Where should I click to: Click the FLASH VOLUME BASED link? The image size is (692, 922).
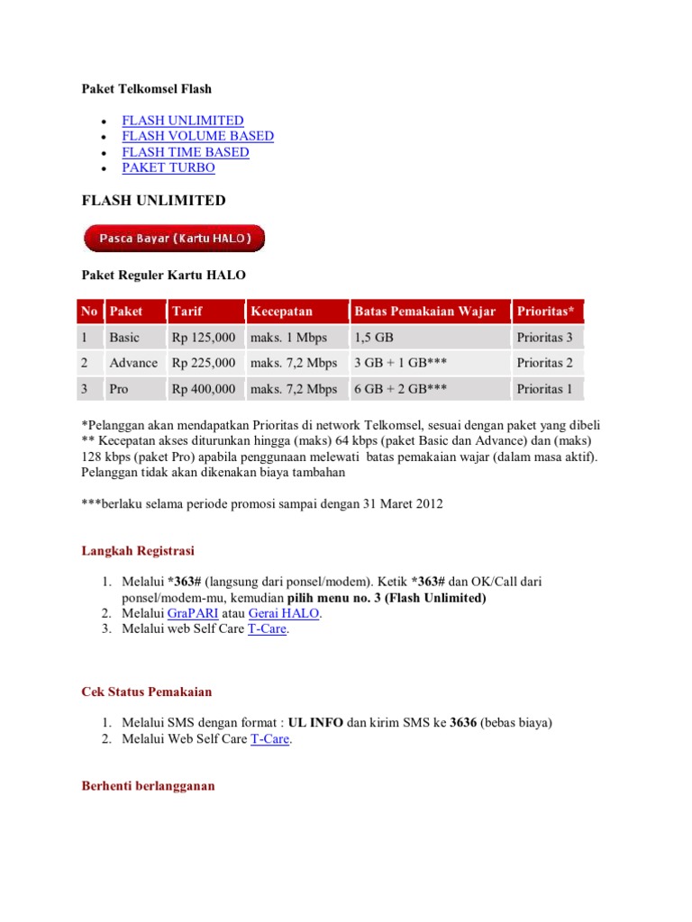point(197,136)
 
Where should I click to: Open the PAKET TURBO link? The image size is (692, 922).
point(168,167)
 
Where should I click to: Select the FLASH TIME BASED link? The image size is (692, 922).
point(186,152)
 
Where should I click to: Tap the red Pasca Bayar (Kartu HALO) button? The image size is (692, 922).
point(174,238)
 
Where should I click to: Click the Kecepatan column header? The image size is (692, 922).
point(281,312)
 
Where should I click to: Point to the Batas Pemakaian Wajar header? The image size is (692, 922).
point(424,312)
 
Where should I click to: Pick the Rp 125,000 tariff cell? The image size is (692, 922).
point(204,338)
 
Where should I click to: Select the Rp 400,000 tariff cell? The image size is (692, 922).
point(204,389)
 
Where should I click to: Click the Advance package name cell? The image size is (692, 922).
point(132,363)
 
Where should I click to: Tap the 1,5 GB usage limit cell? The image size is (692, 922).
point(375,338)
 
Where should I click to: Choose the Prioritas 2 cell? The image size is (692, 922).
point(545,363)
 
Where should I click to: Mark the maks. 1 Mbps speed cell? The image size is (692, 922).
point(288,338)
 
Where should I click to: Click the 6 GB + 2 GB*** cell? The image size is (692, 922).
point(403,389)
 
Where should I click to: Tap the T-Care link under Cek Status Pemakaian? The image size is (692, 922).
point(270,739)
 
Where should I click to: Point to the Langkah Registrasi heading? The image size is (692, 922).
point(138,550)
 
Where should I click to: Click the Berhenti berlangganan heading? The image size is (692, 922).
point(148,786)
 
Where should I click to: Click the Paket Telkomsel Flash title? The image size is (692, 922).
point(146,88)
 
